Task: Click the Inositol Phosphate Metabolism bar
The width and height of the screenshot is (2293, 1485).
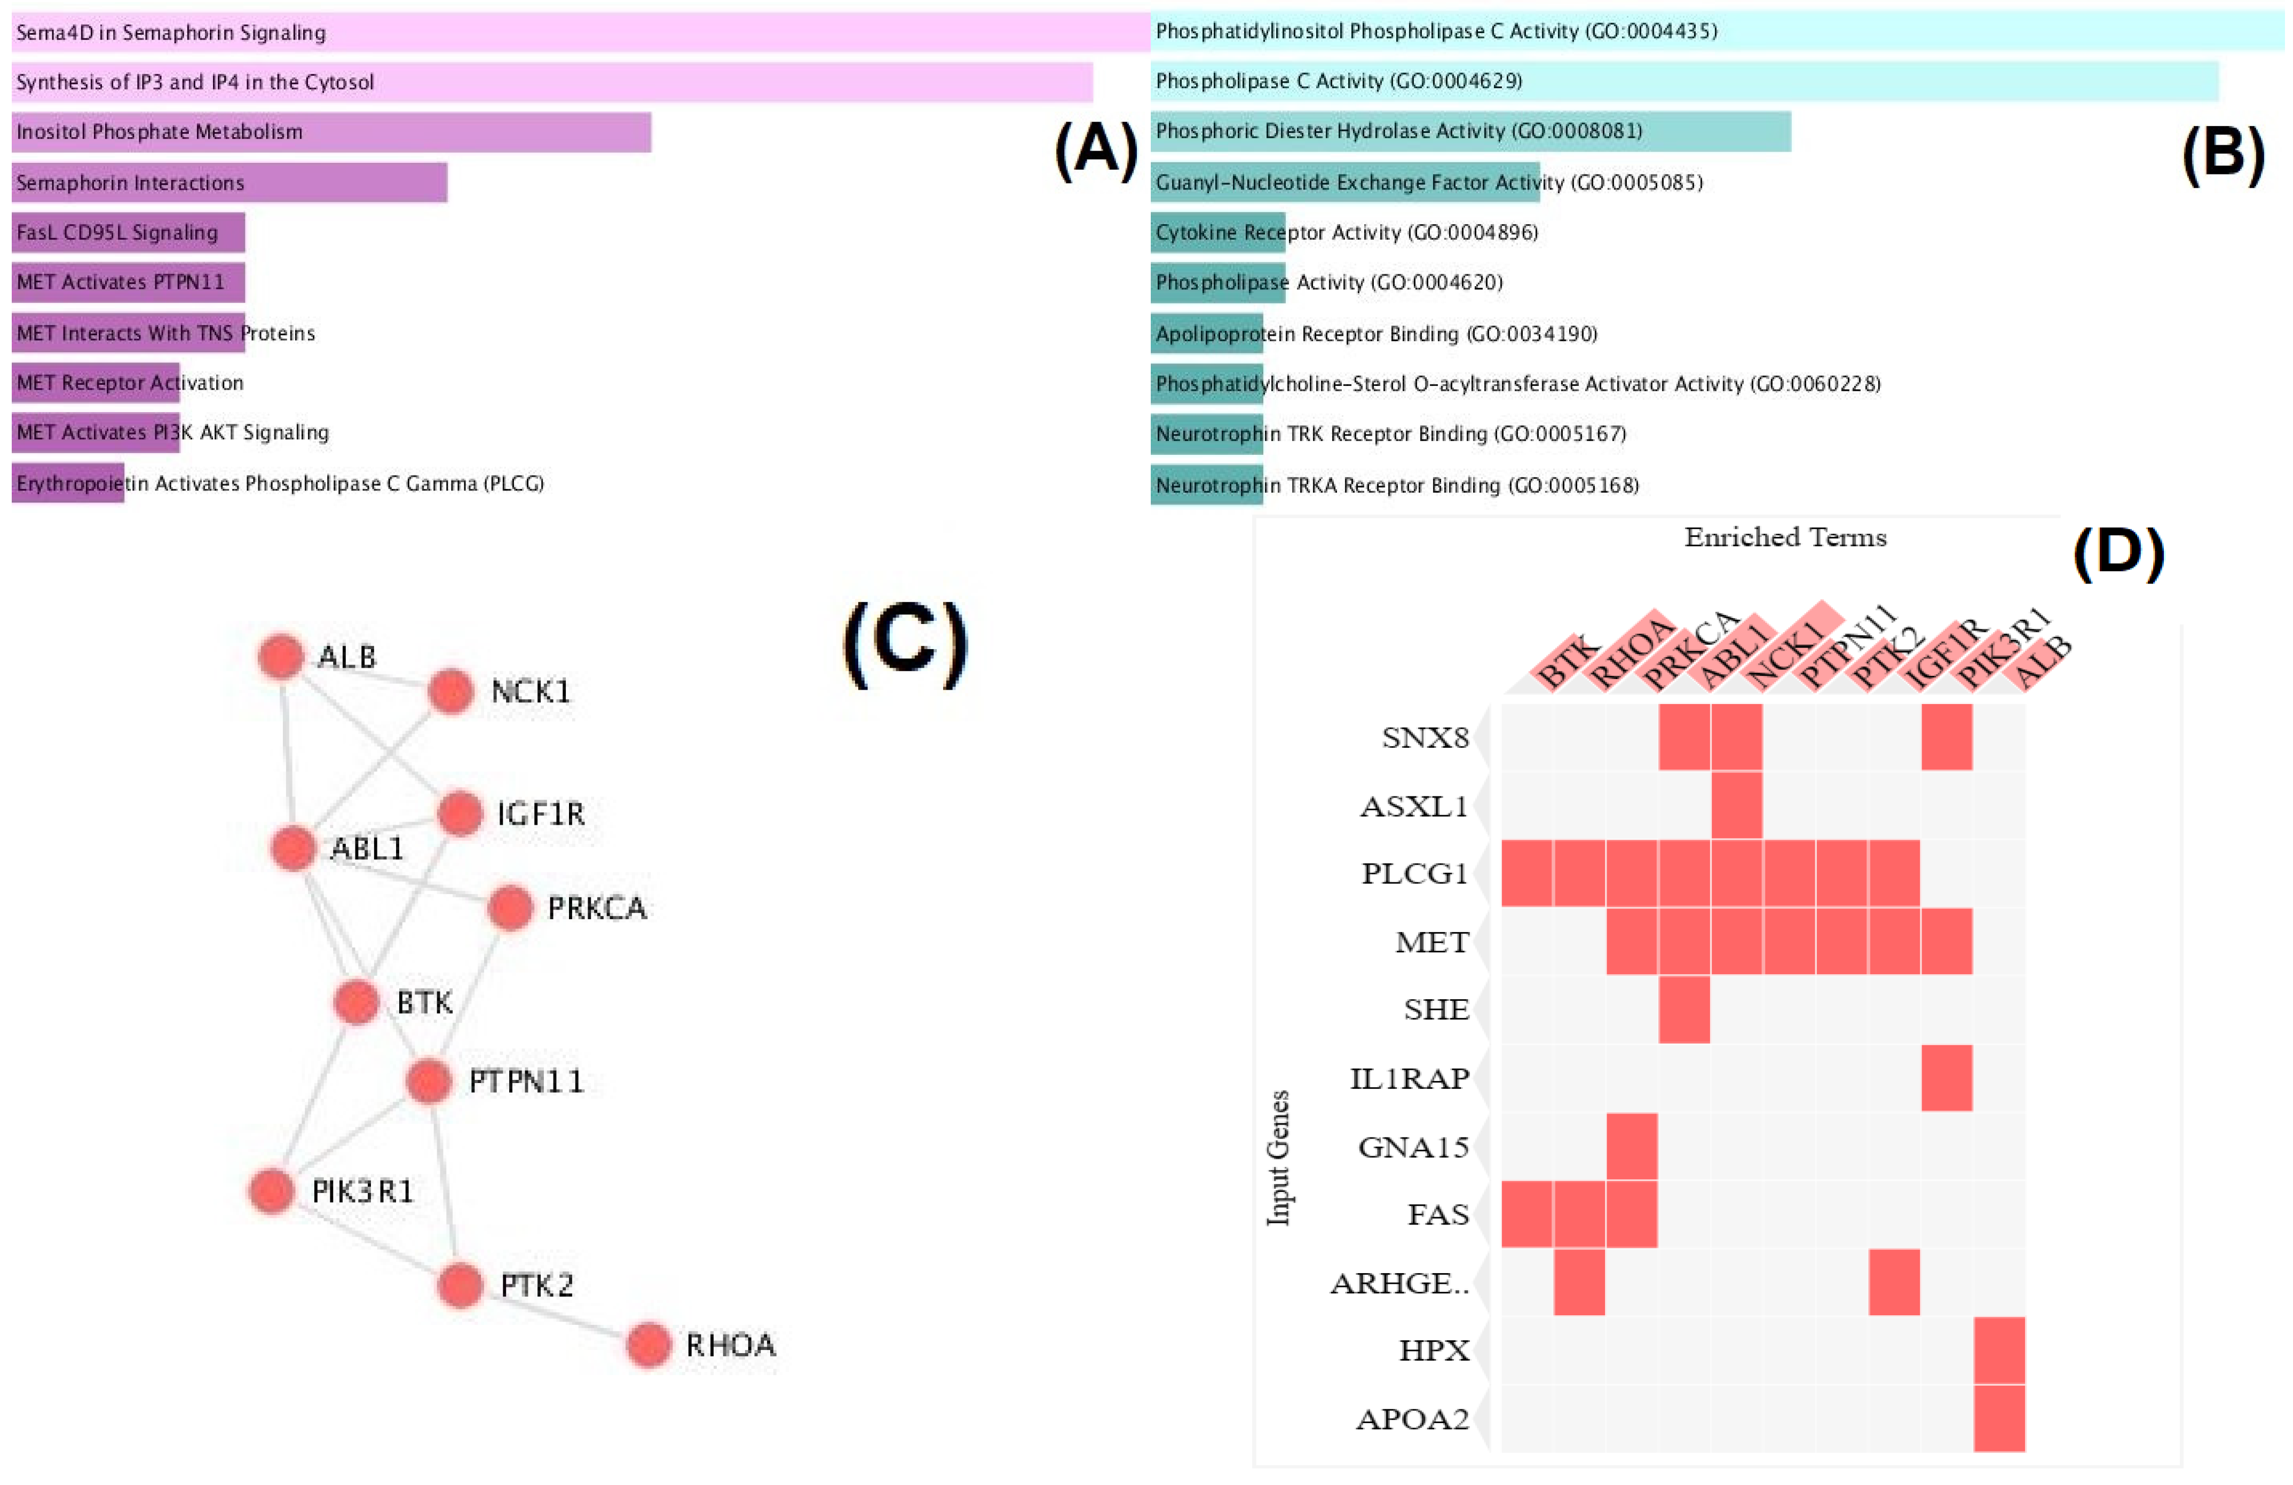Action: pyautogui.click(x=331, y=132)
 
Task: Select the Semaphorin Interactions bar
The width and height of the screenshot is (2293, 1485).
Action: pyautogui.click(x=230, y=182)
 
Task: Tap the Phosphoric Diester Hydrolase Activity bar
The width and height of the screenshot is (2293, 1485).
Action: pyautogui.click(x=1470, y=131)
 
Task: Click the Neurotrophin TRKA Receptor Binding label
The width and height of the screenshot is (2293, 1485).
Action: pyautogui.click(x=1397, y=485)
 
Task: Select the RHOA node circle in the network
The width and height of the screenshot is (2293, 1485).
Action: pyautogui.click(x=649, y=1345)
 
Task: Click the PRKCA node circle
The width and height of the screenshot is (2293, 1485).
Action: pyautogui.click(x=511, y=908)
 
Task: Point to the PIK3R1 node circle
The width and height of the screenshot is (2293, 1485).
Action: pyautogui.click(x=272, y=1190)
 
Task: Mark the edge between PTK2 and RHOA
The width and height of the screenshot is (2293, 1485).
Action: pyautogui.click(x=554, y=1314)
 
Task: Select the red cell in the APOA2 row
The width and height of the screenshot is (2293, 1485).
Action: pyautogui.click(x=1999, y=1418)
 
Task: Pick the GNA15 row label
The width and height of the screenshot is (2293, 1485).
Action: pyautogui.click(x=1413, y=1147)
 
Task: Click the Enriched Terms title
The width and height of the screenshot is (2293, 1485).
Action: pyautogui.click(x=1785, y=538)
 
